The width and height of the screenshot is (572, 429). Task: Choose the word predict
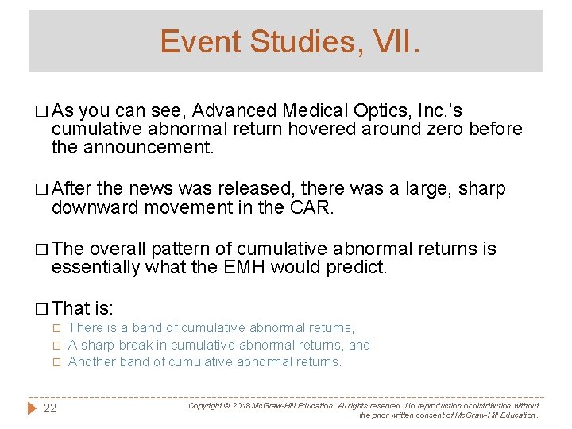355,267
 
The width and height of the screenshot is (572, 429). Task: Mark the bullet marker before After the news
42,189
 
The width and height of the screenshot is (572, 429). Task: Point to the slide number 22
50,408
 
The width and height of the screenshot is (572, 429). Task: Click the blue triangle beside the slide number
33,408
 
